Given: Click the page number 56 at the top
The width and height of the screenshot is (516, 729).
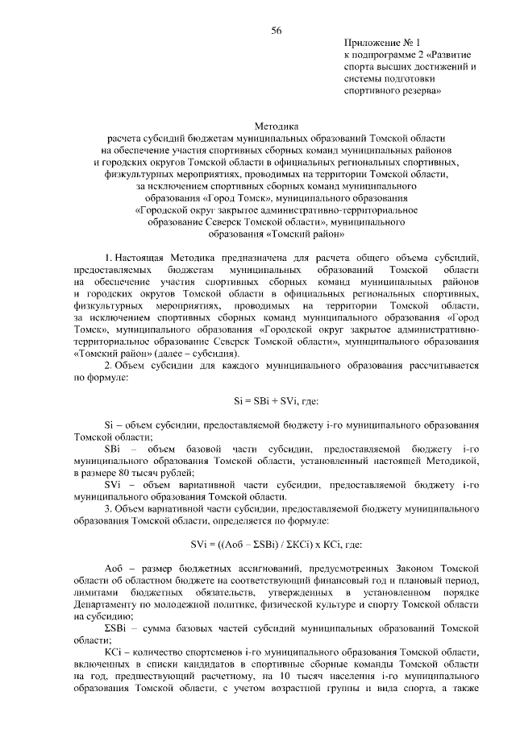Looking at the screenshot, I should (277, 30).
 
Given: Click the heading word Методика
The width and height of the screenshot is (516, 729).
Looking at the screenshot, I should (277, 126).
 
